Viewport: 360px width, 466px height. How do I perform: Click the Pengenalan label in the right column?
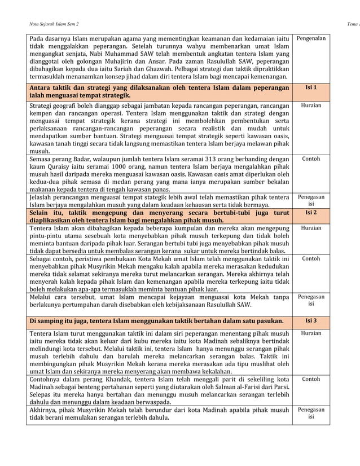tap(311, 39)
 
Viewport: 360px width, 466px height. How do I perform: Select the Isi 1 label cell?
tap(311, 88)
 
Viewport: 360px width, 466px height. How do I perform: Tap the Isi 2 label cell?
tap(311, 213)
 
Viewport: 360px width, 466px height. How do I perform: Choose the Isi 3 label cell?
tap(311, 320)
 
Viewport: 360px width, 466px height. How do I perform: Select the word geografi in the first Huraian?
tap(62, 105)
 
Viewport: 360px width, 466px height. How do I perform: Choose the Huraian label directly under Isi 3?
tap(311, 333)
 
